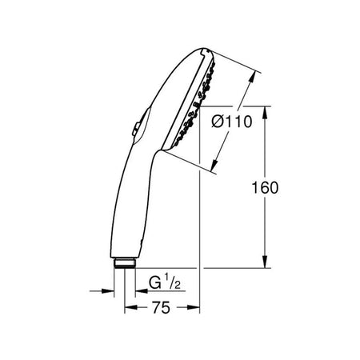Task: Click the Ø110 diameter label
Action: click(x=232, y=122)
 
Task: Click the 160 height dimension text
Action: click(x=265, y=187)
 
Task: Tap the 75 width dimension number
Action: click(x=161, y=307)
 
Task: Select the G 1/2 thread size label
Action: click(x=164, y=282)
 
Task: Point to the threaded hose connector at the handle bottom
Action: click(x=125, y=263)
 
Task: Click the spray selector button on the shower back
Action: click(x=137, y=129)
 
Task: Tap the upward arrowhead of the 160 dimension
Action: click(x=265, y=113)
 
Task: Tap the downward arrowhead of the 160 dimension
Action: click(x=265, y=262)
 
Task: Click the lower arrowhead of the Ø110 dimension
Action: click(x=214, y=165)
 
